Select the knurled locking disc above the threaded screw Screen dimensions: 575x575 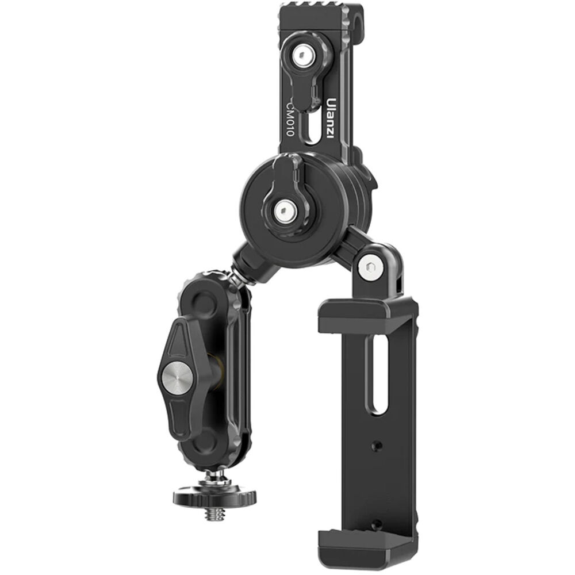[216, 493]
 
